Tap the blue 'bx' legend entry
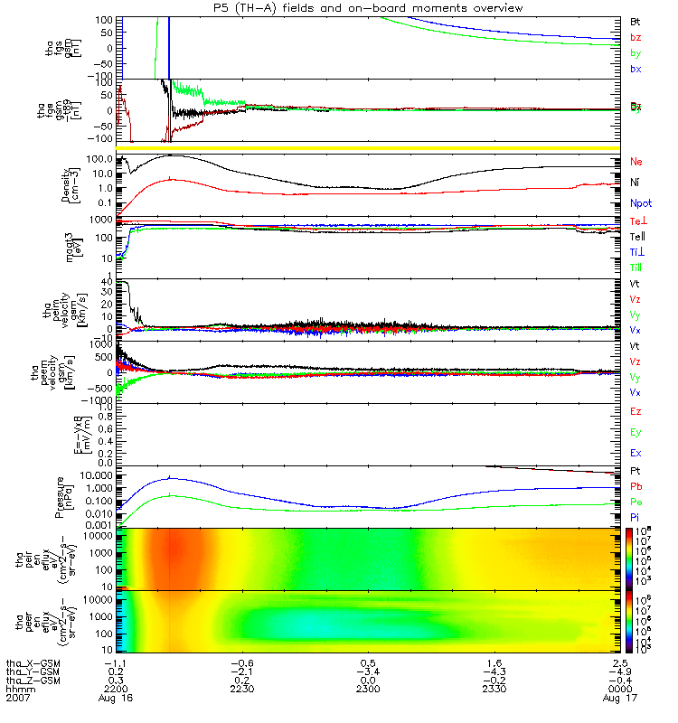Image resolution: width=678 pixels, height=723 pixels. [x=636, y=69]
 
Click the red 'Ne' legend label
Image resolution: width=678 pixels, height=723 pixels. [x=636, y=161]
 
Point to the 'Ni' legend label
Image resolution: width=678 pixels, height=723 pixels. [x=636, y=183]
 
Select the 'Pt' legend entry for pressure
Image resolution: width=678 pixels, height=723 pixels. [x=636, y=473]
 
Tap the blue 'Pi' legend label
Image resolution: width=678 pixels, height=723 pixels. [x=636, y=516]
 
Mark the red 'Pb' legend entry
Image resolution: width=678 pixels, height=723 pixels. [x=636, y=487]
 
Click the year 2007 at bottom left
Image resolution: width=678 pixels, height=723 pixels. [x=17, y=699]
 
